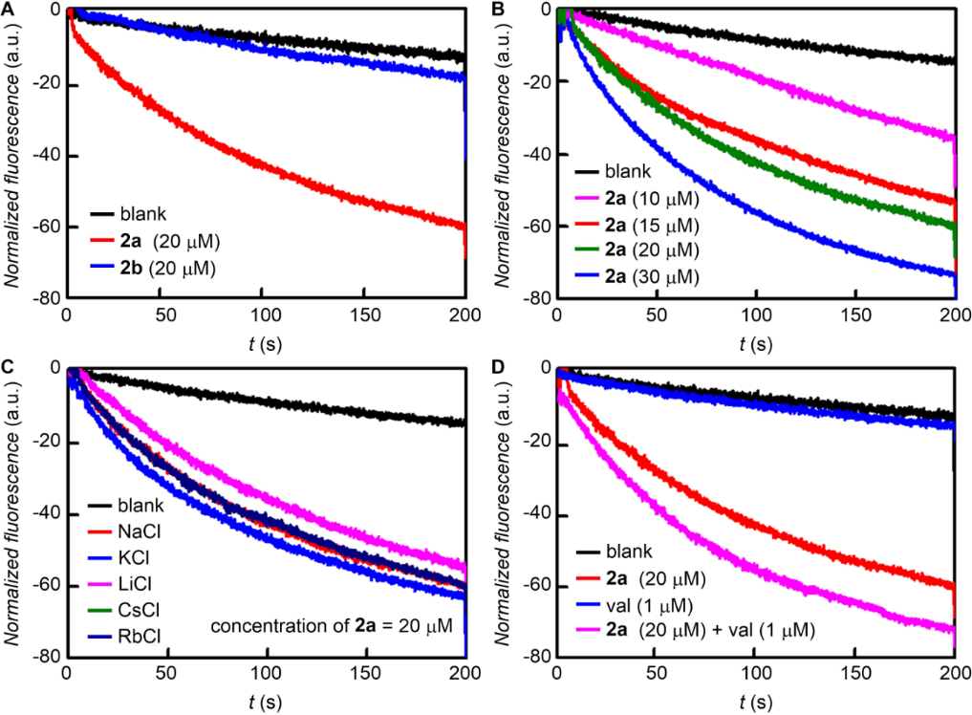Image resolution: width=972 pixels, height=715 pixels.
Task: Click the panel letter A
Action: (8, 10)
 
